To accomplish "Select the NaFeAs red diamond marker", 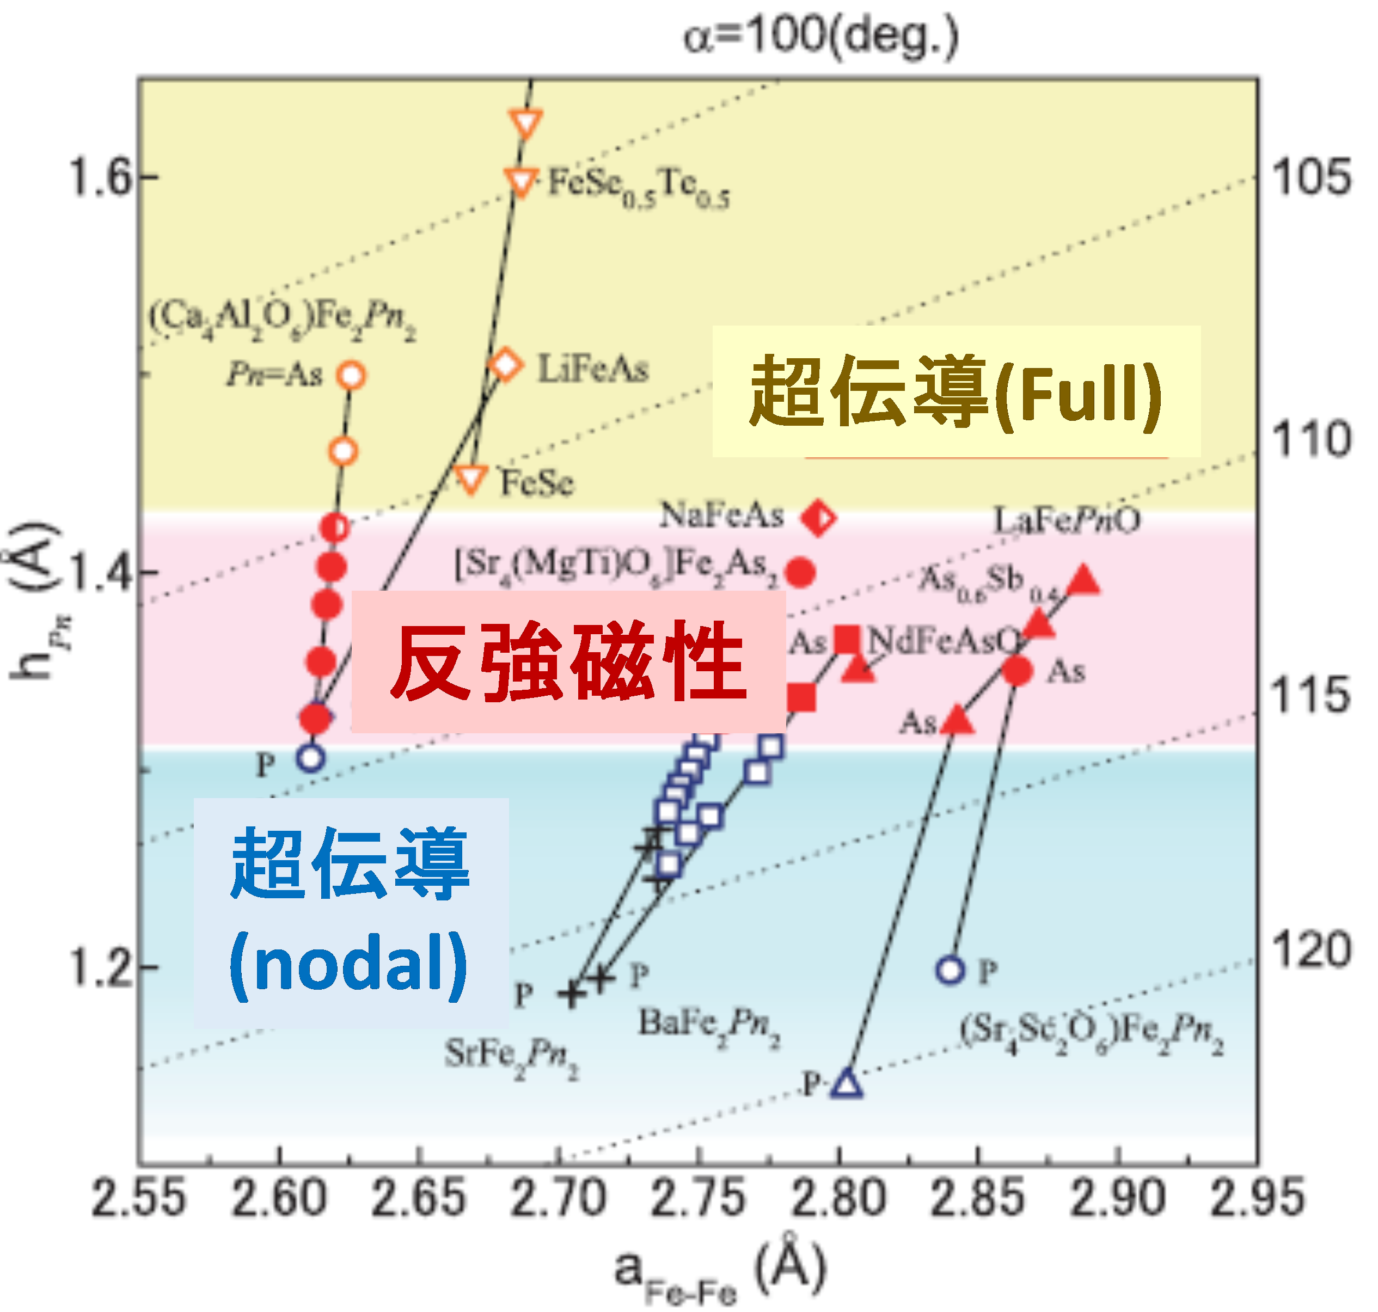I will [818, 518].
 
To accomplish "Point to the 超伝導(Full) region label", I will [956, 391].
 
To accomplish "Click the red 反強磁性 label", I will [568, 661].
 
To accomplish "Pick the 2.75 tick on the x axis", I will [698, 1197].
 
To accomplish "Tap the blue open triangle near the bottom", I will [847, 1083].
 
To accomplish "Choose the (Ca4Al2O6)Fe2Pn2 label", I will [283, 320].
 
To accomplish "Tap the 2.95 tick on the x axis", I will [1257, 1197].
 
